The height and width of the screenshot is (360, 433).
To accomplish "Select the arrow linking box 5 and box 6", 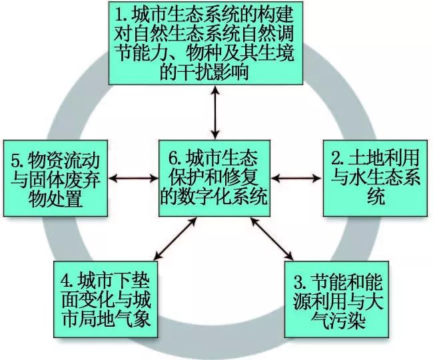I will tap(133, 178).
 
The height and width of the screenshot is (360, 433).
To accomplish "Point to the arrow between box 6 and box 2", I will tap(296, 178).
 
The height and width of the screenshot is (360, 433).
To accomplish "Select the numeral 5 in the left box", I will tap(17, 160).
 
